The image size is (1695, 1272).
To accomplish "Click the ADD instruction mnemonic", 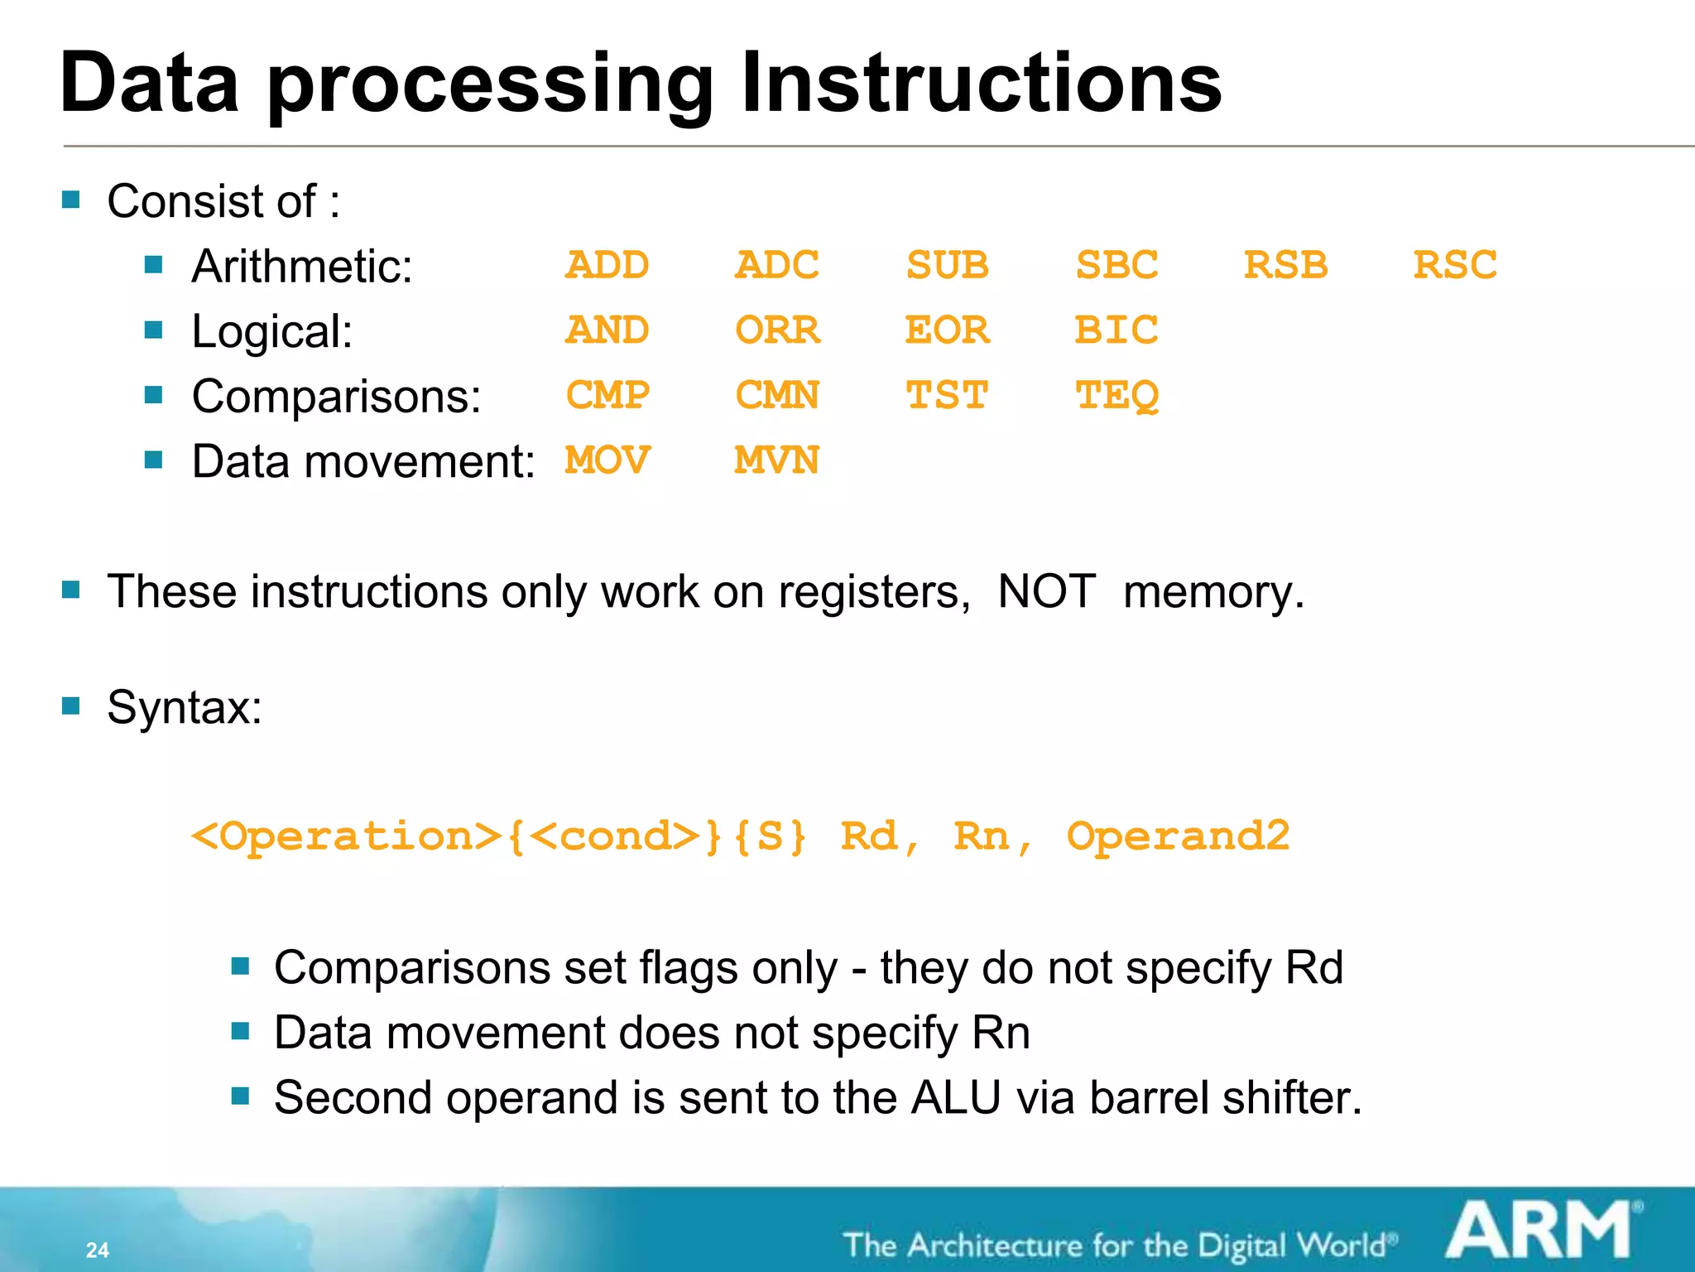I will (607, 266).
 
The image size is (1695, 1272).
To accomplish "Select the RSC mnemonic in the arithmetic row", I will (1454, 266).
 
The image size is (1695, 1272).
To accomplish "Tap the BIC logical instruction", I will (1116, 330).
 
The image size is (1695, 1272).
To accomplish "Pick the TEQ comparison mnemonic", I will (1116, 396).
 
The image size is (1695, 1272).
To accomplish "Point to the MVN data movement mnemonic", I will (776, 460).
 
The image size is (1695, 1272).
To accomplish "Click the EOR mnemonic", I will (946, 330).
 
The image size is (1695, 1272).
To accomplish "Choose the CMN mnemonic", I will (776, 396).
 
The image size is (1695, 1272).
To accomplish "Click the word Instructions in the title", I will (981, 83).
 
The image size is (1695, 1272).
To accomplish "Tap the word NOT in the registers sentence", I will (1046, 592).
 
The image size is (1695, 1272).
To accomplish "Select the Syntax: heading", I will (185, 708).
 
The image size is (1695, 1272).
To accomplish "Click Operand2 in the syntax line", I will (1178, 836).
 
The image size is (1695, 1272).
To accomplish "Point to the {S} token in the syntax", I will (770, 836).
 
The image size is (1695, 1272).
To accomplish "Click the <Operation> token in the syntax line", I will (346, 836).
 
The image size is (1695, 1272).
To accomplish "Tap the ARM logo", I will (1539, 1231).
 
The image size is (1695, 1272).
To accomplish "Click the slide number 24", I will (97, 1250).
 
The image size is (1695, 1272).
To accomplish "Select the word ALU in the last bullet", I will (956, 1098).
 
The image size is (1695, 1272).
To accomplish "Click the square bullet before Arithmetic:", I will (153, 265).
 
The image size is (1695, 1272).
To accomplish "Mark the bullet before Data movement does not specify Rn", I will (240, 1031).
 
